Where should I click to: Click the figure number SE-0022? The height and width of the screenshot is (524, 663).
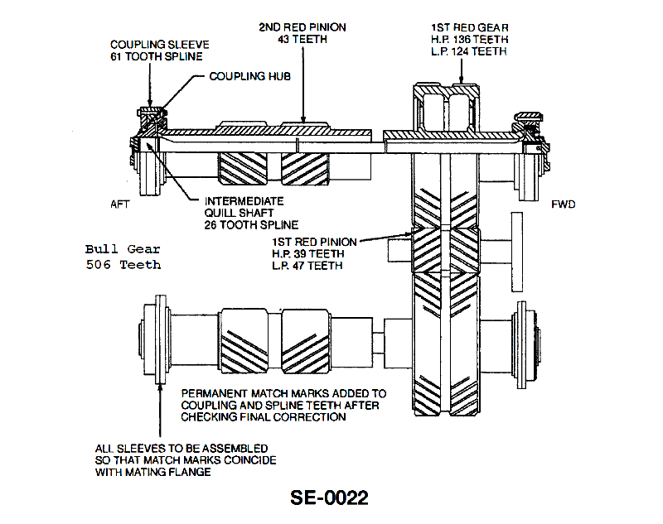tap(329, 498)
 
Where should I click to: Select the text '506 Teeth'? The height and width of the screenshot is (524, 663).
tap(123, 265)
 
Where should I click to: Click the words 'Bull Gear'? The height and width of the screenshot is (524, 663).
tap(123, 248)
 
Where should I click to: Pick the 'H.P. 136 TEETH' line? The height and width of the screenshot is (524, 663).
tap(468, 39)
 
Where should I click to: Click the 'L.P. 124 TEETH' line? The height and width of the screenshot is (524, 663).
tap(468, 51)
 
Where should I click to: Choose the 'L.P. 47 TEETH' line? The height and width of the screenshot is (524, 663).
tap(306, 266)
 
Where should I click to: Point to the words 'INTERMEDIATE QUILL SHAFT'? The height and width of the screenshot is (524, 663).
tap(244, 207)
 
